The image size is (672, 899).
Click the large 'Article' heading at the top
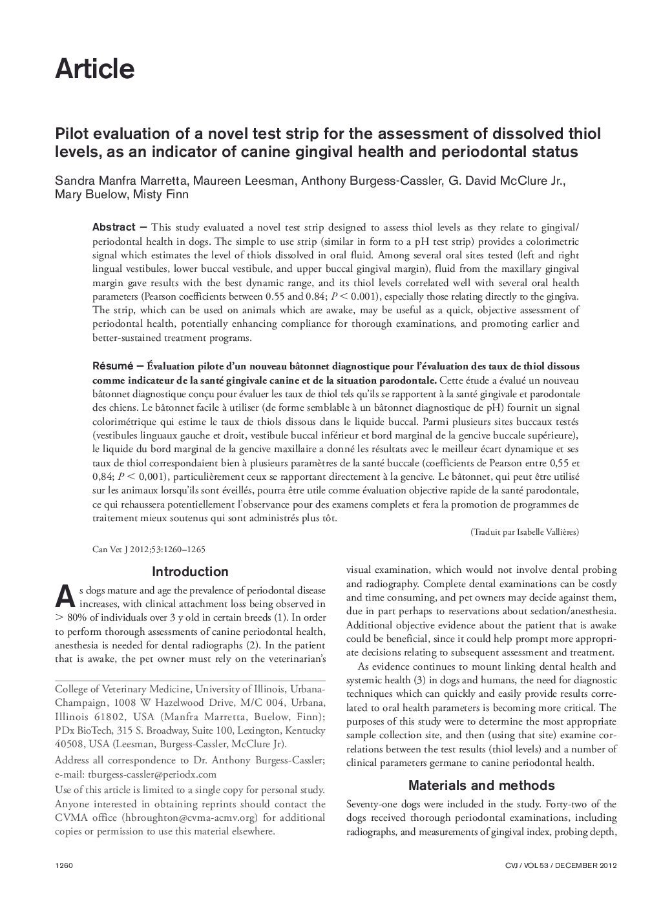pyautogui.click(x=95, y=69)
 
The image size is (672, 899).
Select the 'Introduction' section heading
pyautogui.click(x=190, y=572)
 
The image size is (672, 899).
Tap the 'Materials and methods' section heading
pyautogui.click(x=481, y=785)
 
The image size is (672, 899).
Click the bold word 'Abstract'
pyautogui.click(x=114, y=227)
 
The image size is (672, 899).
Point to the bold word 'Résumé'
pyautogui.click(x=112, y=366)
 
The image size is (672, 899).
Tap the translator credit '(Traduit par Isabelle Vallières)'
pyautogui.click(x=525, y=532)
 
